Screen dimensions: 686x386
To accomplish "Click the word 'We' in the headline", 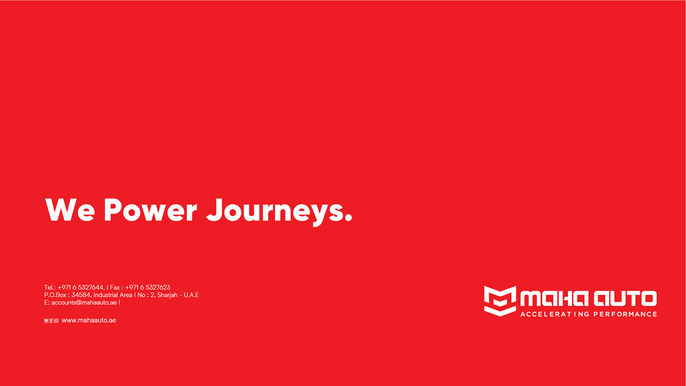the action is click(70, 210).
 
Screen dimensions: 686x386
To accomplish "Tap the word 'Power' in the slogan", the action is click(150, 210).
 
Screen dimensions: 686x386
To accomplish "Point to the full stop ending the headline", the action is click(348, 217).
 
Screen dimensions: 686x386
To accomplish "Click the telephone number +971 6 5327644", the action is click(80, 288).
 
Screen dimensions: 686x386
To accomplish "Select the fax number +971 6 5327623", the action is click(147, 288).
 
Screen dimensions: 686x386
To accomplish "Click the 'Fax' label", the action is click(115, 288).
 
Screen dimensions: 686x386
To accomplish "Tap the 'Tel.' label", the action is click(49, 288).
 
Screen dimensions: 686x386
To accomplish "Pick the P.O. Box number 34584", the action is click(81, 295).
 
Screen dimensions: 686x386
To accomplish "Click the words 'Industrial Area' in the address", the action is click(113, 295).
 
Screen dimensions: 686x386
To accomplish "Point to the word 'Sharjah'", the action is click(167, 295).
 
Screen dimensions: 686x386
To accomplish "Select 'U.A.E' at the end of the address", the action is click(192, 295).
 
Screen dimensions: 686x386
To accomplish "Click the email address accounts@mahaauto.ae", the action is click(84, 302).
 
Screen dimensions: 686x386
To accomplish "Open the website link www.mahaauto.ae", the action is click(89, 320).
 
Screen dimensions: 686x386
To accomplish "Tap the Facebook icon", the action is click(51, 321).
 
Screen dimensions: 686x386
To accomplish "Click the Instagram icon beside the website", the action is click(46, 321).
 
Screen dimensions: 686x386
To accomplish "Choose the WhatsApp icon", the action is click(56, 321).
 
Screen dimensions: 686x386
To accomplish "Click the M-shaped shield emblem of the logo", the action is click(500, 301).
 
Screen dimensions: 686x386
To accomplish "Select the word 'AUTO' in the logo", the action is click(625, 299).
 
